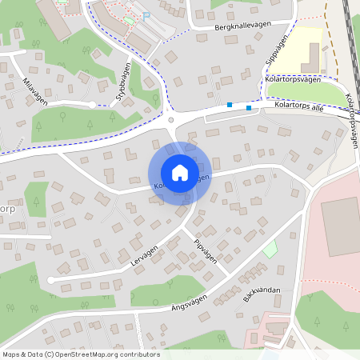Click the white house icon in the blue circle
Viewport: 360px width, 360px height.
click(180, 172)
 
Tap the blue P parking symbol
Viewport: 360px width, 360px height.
click(146, 15)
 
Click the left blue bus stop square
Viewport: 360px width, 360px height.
click(230, 105)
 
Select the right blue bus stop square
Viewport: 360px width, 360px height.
click(249, 107)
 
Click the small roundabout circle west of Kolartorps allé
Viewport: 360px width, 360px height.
click(171, 120)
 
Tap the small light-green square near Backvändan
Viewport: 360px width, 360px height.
click(270, 249)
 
